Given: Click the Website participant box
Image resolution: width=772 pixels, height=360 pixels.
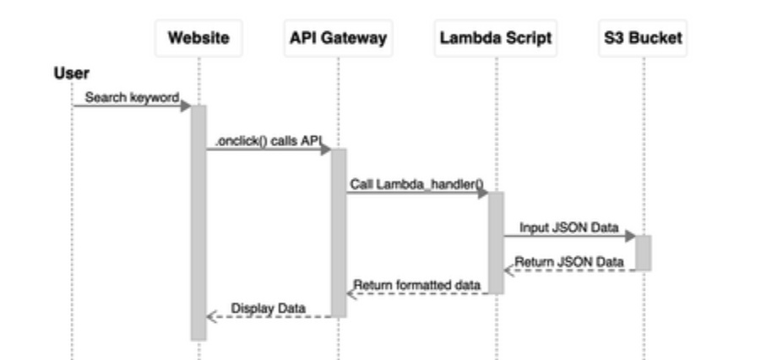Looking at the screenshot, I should [x=198, y=38].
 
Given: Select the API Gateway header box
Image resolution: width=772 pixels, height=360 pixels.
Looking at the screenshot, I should [x=338, y=38].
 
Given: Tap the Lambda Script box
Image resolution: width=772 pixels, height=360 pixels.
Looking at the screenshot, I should [x=496, y=38].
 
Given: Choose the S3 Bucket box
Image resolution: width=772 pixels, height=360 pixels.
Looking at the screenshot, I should [x=643, y=38].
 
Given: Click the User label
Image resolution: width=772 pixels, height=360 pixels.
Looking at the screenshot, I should [x=72, y=74].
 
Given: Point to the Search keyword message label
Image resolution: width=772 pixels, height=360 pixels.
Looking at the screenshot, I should [x=132, y=98].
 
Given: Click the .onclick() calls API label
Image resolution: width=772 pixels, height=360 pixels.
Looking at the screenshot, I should [x=269, y=141].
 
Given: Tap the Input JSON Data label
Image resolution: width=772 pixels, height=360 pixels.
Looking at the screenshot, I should [x=568, y=228].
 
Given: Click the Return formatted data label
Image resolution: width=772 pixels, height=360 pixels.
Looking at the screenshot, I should [x=416, y=285].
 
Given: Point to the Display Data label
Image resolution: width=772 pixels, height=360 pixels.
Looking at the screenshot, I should [x=269, y=308].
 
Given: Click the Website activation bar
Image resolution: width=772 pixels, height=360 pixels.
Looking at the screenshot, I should [x=198, y=223].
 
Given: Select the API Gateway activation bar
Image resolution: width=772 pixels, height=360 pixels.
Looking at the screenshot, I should [x=338, y=232].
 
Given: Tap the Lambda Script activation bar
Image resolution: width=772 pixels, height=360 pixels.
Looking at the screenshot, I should [x=496, y=243].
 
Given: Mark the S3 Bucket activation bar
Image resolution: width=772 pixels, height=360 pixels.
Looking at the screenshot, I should [x=643, y=253].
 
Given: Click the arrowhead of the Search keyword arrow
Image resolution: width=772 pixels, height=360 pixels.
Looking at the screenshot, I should [x=186, y=106].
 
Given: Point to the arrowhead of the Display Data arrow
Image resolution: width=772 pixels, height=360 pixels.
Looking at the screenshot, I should [x=212, y=317].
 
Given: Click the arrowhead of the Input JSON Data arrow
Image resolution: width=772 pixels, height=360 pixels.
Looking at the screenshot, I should [x=630, y=237].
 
